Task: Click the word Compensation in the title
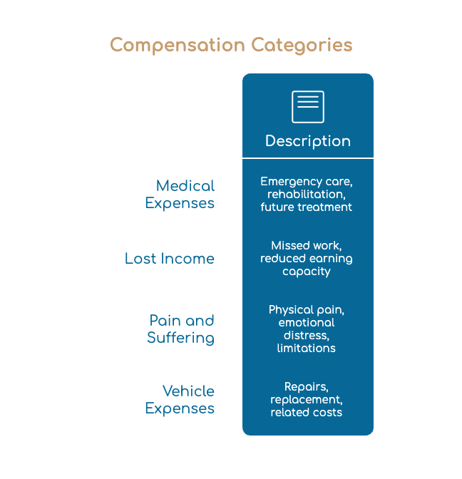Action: [178, 45]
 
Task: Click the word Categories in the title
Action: [302, 45]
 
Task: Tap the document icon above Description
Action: [308, 107]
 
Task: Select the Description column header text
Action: [308, 141]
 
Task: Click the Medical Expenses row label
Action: [180, 195]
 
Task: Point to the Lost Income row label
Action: [170, 259]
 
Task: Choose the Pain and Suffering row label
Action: [180, 329]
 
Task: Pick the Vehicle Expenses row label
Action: [180, 400]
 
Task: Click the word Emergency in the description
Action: [291, 182]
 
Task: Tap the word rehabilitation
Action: [307, 195]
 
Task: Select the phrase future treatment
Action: [307, 207]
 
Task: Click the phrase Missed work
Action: [307, 246]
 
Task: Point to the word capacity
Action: [307, 272]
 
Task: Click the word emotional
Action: [307, 323]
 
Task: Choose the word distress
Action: [307, 336]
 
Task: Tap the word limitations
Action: [307, 349]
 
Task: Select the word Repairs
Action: [307, 387]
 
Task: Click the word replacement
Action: [307, 400]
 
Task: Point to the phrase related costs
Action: [307, 413]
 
